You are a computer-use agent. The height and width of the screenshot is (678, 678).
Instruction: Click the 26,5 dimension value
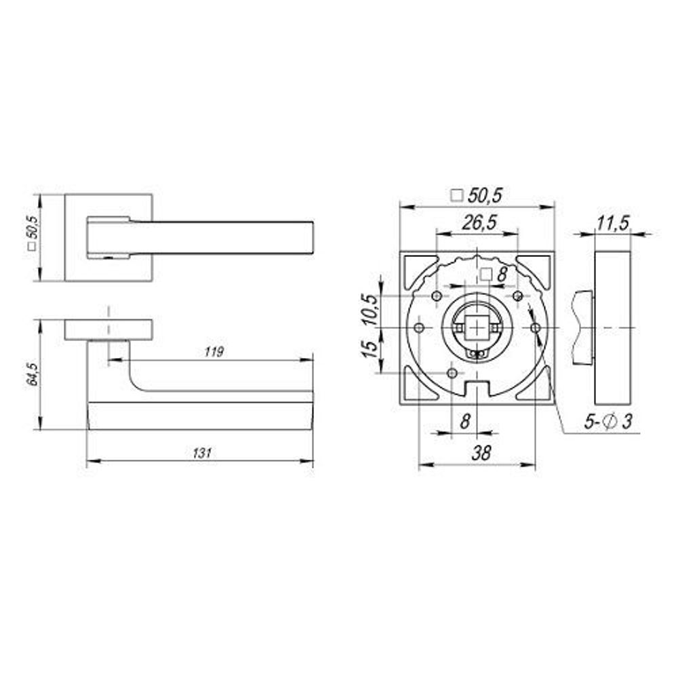point(478,222)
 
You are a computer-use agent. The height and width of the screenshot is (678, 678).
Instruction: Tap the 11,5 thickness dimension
point(613,222)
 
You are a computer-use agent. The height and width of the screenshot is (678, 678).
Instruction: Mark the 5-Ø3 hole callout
point(608,422)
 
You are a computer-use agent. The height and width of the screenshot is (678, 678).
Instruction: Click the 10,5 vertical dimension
point(370,311)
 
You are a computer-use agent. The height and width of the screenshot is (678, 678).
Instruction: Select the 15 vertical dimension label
point(370,349)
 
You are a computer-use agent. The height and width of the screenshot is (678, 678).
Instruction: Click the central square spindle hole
point(477,328)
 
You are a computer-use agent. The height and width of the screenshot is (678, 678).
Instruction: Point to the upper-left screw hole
point(436,296)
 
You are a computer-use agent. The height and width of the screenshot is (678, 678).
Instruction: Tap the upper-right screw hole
point(518,296)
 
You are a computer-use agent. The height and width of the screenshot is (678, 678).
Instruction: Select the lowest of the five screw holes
point(452,373)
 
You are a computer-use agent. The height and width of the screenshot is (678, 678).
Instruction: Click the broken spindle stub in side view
point(581,327)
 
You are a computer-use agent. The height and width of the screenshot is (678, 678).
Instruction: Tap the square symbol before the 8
point(485,275)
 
